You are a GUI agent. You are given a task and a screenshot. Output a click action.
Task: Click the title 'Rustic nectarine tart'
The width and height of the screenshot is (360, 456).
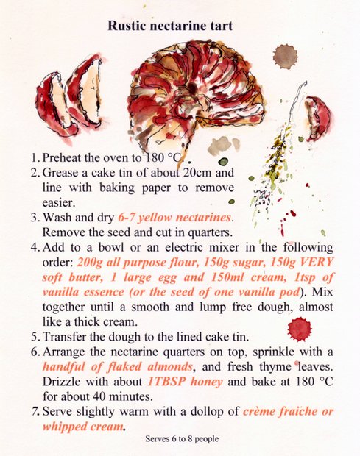click(170, 26)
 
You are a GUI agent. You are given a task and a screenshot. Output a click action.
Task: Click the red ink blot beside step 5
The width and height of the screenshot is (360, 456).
click(300, 329)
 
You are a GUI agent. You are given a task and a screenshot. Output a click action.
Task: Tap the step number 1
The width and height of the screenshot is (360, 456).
click(34, 158)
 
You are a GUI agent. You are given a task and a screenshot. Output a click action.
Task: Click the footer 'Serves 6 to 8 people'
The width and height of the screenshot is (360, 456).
click(182, 439)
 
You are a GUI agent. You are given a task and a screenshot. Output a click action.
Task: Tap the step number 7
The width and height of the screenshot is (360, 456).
click(35, 412)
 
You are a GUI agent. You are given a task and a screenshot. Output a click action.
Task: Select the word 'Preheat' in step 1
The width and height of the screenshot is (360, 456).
click(64, 158)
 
